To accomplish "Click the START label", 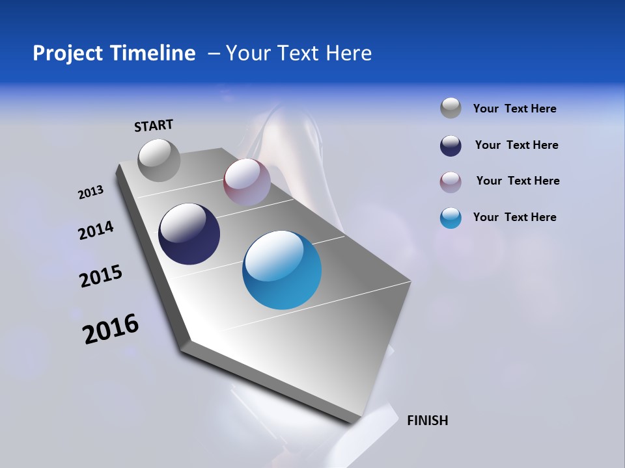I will pyautogui.click(x=154, y=125).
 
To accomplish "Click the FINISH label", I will pyautogui.click(x=427, y=421).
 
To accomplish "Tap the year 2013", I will pyautogui.click(x=90, y=192).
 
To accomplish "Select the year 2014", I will pyautogui.click(x=96, y=231).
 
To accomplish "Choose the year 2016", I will pyautogui.click(x=111, y=329).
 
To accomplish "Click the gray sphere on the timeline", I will pyautogui.click(x=160, y=160).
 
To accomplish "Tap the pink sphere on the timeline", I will pyautogui.click(x=247, y=182).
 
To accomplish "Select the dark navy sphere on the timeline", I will pyautogui.click(x=189, y=234).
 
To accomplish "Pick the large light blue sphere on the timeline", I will pyautogui.click(x=282, y=270).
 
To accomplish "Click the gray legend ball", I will pyautogui.click(x=451, y=108).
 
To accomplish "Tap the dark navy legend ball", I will pyautogui.click(x=451, y=146).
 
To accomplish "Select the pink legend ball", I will pyautogui.click(x=451, y=182).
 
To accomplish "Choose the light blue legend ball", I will pyautogui.click(x=451, y=218).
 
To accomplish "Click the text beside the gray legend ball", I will pyautogui.click(x=514, y=109).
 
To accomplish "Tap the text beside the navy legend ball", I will pyautogui.click(x=516, y=145).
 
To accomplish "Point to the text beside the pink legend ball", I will pyautogui.click(x=518, y=181).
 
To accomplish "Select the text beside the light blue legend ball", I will pyautogui.click(x=514, y=217).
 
